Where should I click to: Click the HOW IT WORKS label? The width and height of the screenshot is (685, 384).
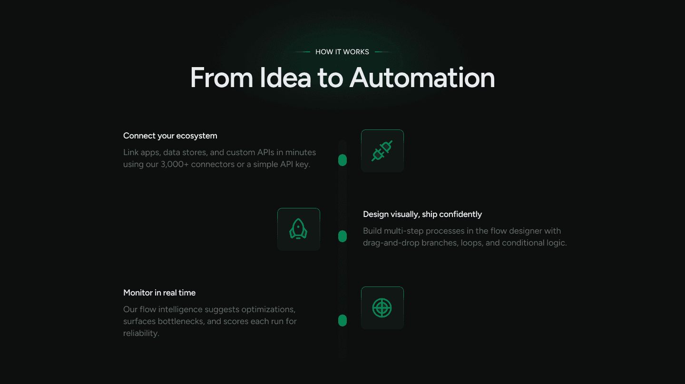[x=342, y=52]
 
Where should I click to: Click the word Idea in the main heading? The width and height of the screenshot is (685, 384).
[x=284, y=78]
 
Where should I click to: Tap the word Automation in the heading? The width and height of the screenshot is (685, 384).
[x=422, y=78]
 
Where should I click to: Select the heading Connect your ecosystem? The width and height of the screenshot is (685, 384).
[x=170, y=136]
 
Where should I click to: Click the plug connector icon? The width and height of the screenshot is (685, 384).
[x=382, y=151]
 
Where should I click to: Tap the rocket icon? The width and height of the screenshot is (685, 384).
[x=298, y=229]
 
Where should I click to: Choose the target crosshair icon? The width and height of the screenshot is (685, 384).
[x=382, y=308]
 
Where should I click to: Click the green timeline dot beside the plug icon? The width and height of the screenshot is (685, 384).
[x=342, y=160]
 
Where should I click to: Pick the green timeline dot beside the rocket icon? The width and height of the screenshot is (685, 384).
[x=342, y=236]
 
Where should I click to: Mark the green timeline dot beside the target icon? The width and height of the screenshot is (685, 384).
[x=342, y=321]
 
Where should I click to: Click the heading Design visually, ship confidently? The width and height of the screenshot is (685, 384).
[x=422, y=214]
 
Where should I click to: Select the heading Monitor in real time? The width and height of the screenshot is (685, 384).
[x=159, y=293]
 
